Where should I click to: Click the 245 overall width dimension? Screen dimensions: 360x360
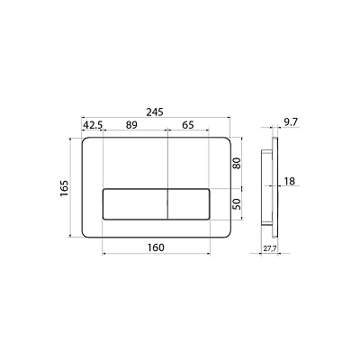click(x=155, y=112)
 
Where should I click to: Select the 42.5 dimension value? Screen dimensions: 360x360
click(x=93, y=125)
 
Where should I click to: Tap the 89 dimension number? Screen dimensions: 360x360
click(x=131, y=125)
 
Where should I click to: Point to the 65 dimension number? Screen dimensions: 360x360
click(x=188, y=125)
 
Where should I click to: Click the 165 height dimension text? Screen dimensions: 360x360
click(x=65, y=188)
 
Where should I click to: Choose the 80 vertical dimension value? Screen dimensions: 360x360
click(x=237, y=164)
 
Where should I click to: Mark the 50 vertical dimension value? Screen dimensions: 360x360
click(x=237, y=204)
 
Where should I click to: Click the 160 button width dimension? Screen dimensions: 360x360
click(x=156, y=247)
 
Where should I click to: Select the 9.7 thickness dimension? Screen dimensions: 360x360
click(x=290, y=122)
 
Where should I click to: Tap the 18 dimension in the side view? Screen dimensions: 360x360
click(x=290, y=181)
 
